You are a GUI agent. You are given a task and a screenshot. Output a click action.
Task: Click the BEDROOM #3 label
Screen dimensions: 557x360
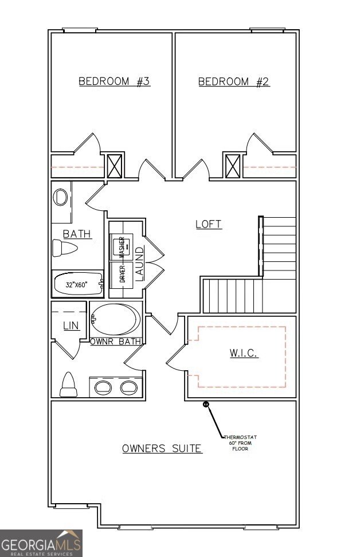(x=114, y=81)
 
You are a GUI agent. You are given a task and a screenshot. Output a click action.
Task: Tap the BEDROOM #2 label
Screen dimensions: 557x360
(x=234, y=81)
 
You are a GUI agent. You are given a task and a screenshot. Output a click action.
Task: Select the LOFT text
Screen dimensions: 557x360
(x=209, y=224)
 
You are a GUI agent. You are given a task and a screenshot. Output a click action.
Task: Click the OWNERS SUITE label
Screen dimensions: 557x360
(x=162, y=448)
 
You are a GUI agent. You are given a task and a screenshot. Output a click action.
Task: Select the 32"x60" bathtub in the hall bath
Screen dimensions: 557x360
(x=78, y=284)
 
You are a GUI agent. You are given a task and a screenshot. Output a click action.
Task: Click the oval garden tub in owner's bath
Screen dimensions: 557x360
(x=115, y=320)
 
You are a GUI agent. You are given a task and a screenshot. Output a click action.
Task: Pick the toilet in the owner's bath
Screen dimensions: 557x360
(x=68, y=385)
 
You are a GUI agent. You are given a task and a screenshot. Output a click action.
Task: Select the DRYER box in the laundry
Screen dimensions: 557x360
(x=121, y=273)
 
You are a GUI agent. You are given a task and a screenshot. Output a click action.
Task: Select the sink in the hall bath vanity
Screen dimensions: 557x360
(x=60, y=198)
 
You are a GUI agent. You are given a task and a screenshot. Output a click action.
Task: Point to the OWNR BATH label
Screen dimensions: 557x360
(x=115, y=342)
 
